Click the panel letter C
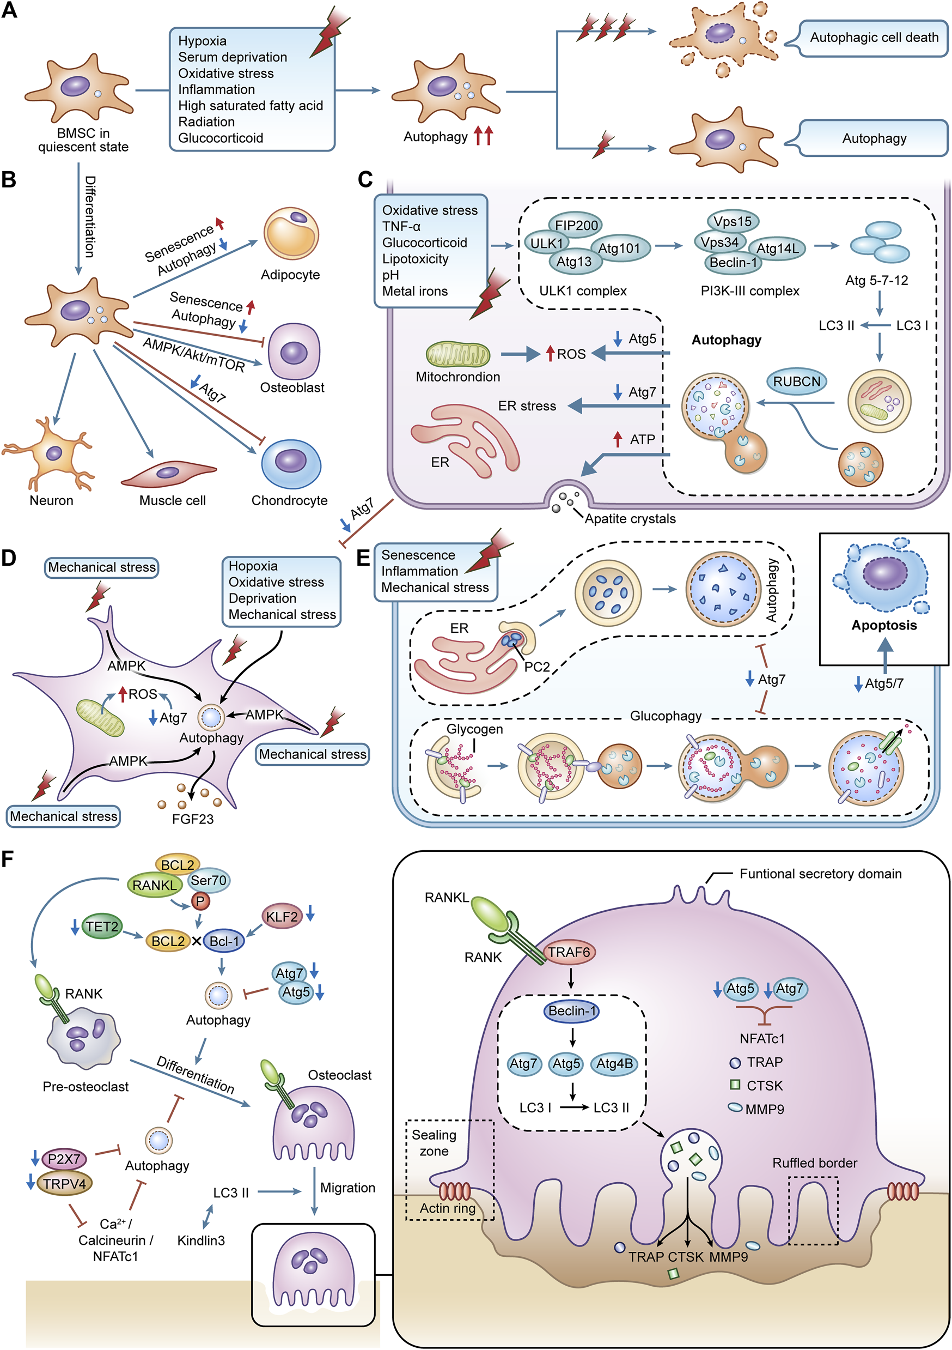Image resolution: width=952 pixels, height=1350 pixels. [365, 179]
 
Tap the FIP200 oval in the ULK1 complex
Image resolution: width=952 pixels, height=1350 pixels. [576, 225]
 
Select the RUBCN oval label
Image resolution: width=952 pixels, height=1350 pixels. [796, 382]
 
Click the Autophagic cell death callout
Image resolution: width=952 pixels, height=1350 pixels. [873, 38]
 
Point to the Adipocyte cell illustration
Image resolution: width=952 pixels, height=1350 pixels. [291, 233]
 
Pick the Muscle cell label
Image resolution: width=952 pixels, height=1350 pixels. [172, 500]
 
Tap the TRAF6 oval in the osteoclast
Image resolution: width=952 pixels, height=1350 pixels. [568, 952]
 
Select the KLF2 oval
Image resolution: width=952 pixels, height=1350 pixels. [282, 917]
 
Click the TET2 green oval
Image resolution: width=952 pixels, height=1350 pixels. [102, 927]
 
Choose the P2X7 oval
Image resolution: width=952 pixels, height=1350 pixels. [64, 1159]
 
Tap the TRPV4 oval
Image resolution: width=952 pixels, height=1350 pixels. [64, 1183]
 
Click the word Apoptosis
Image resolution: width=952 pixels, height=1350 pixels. [884, 625]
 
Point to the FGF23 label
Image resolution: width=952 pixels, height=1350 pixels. [193, 819]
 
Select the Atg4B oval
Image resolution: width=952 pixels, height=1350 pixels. [614, 1064]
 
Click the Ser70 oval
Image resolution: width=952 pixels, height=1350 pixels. [209, 880]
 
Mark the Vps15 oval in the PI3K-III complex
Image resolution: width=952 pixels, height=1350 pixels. [732, 222]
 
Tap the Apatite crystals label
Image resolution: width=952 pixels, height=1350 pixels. [630, 519]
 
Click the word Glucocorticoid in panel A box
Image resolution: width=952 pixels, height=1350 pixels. [221, 138]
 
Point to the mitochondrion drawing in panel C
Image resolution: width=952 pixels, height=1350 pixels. [458, 355]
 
